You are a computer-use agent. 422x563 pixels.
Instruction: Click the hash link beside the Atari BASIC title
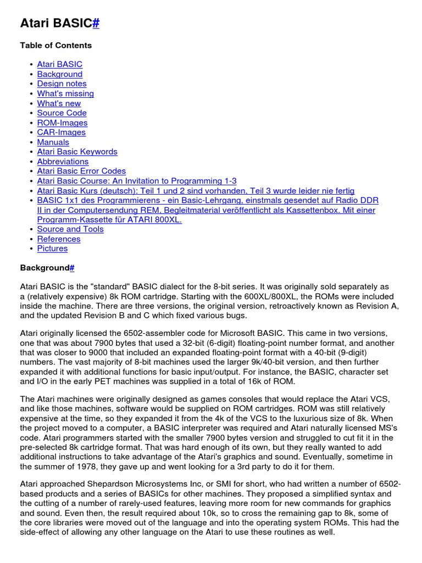(96, 23)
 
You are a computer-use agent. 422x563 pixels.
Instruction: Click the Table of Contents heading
(56, 45)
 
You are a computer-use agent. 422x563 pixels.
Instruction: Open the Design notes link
(62, 84)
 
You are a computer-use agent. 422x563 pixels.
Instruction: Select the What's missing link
(65, 93)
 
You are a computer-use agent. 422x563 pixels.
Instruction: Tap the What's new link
(59, 103)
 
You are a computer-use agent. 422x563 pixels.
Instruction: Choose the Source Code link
(62, 113)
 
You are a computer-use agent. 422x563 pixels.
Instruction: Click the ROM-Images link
(62, 123)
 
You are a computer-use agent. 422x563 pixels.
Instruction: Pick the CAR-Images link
(61, 132)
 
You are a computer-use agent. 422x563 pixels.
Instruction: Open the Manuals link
(53, 142)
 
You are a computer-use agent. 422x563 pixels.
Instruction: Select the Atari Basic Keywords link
(77, 152)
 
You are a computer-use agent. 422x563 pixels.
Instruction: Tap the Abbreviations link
(63, 162)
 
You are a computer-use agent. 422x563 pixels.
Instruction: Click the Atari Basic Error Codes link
(81, 171)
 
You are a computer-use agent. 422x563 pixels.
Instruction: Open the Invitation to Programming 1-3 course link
(137, 181)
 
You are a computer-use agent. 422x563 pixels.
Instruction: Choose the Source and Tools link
(70, 229)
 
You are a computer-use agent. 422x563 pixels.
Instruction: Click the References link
(59, 239)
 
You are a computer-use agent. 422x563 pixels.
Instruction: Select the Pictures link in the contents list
(52, 249)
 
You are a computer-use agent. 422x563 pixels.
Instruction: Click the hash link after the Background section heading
(72, 268)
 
